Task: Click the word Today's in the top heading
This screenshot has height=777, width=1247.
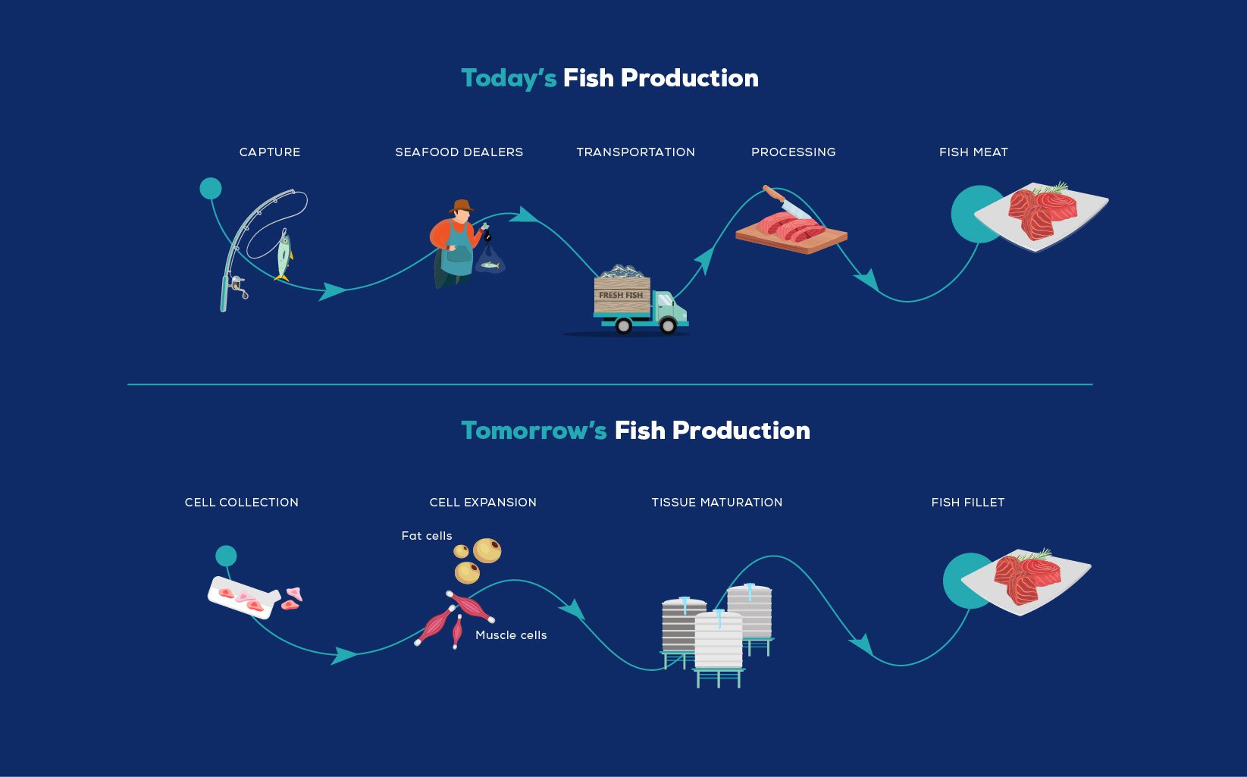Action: [509, 79]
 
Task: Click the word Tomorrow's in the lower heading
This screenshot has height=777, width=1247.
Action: [534, 431]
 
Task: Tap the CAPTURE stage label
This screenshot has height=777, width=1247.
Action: [270, 152]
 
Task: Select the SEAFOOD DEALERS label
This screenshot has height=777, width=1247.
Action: [459, 152]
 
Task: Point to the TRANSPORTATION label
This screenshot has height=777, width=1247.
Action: [636, 152]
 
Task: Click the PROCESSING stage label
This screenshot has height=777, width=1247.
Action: [793, 152]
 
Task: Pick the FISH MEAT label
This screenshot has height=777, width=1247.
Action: [973, 152]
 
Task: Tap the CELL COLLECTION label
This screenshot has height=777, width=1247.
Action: [242, 502]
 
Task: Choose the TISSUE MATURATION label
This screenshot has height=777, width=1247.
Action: [717, 502]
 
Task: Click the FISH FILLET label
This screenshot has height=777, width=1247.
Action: [968, 502]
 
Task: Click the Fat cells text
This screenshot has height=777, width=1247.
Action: [427, 535]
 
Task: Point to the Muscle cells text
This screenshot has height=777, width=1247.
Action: [511, 635]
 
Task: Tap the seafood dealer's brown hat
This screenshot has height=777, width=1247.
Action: [462, 206]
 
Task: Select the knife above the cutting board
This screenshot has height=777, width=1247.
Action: [786, 202]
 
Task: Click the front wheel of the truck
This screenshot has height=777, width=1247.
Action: [668, 326]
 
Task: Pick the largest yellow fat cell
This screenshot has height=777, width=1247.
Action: [487, 550]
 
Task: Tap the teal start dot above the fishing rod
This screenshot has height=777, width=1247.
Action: [211, 189]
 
